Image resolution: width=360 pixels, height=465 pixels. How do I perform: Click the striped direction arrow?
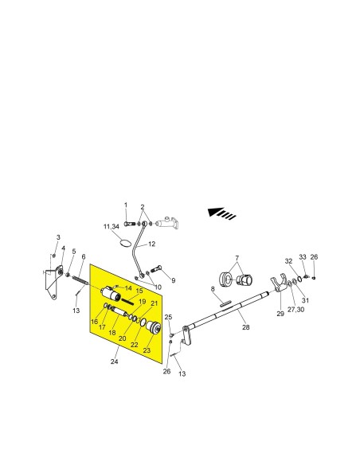(221, 213)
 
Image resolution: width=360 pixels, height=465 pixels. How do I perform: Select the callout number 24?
(114, 361)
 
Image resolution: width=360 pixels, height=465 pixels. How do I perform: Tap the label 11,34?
(112, 227)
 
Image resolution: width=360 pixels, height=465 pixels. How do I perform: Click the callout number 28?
(246, 327)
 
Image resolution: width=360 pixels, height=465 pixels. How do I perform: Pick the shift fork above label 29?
(278, 284)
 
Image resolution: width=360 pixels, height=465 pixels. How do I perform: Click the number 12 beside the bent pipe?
(151, 244)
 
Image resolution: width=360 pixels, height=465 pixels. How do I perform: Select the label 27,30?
(295, 309)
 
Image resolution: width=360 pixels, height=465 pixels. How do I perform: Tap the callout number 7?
(237, 258)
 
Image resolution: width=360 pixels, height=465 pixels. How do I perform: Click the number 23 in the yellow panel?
(147, 350)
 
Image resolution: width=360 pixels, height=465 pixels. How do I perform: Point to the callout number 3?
(58, 237)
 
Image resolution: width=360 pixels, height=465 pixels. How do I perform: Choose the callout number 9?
(173, 280)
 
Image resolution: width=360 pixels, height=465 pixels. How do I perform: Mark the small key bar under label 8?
(225, 303)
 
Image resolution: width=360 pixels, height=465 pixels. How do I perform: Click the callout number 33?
(302, 257)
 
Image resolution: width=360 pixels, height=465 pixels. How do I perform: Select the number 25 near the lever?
(168, 317)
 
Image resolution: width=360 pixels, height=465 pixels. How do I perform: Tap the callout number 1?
(126, 205)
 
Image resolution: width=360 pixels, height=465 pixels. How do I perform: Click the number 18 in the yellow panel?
(112, 333)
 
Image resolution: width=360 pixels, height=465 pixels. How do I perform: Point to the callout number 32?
(288, 261)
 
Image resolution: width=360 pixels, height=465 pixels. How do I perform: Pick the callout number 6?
(84, 256)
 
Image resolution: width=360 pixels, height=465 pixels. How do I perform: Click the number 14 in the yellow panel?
(128, 288)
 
